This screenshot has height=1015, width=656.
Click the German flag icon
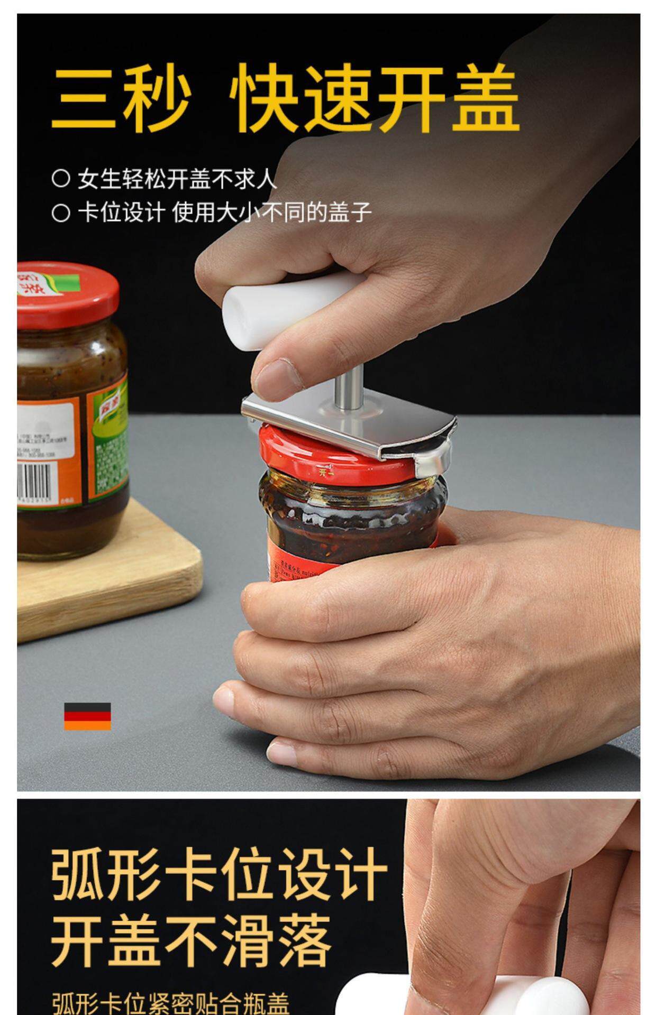pos(87,716)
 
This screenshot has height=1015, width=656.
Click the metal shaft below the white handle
pos(349,389)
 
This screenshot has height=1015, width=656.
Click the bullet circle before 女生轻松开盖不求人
pos(61,178)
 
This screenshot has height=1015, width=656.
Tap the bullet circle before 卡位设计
pos(61,213)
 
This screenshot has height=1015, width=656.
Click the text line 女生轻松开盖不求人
pos(177,179)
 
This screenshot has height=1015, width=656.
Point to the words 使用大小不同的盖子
pos(271,213)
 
